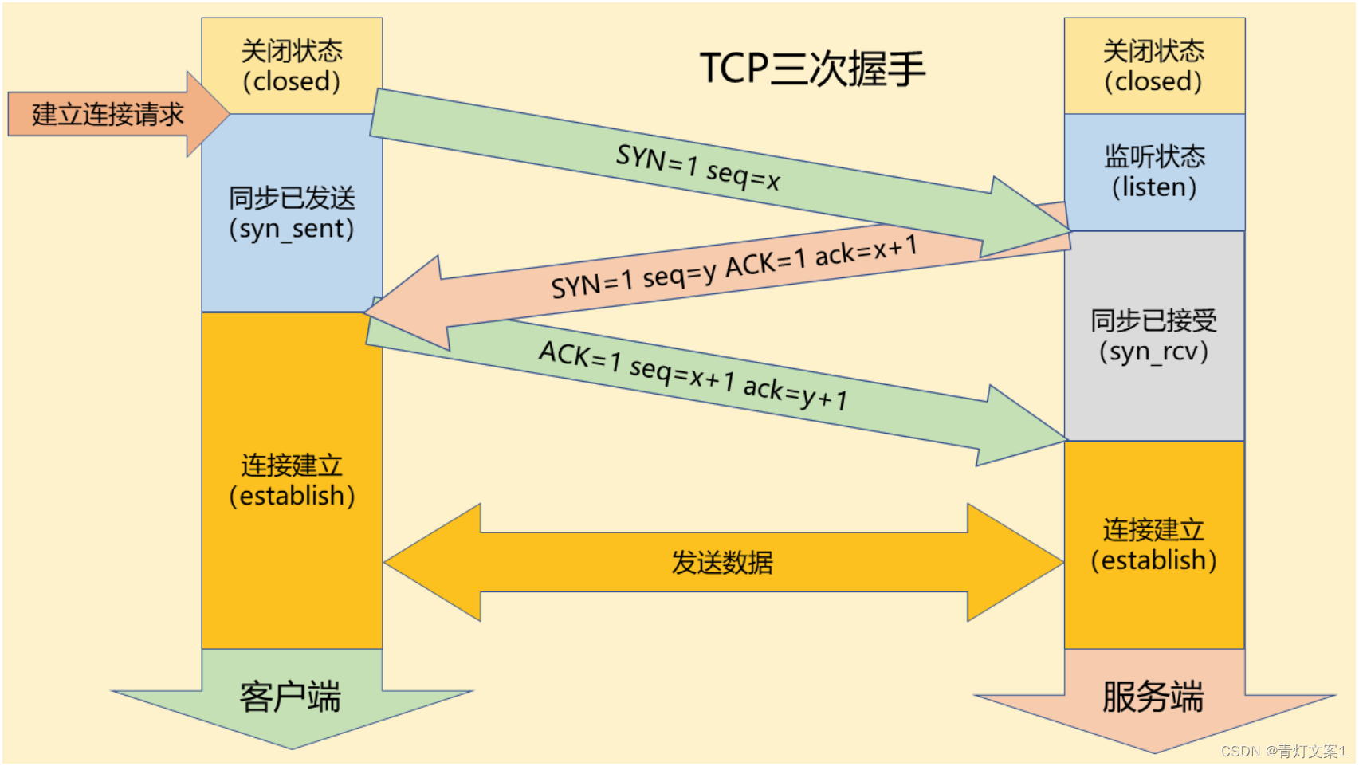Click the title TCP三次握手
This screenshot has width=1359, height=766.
812,69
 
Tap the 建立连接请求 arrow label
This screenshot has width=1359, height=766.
108,115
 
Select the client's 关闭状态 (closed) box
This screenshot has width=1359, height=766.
292,66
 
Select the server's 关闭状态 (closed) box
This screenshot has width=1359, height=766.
1153,66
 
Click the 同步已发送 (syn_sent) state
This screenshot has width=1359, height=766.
292,213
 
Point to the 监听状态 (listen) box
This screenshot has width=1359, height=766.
1154,171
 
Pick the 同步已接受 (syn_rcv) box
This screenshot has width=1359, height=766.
1153,336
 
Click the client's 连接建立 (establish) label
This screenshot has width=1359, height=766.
292,480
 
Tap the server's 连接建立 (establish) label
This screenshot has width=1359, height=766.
1153,544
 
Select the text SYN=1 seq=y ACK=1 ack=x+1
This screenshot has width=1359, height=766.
733,267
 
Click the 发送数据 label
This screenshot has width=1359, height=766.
722,563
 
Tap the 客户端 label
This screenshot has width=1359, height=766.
290,697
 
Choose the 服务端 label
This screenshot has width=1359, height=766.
1153,697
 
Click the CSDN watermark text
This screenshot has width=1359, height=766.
1283,751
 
